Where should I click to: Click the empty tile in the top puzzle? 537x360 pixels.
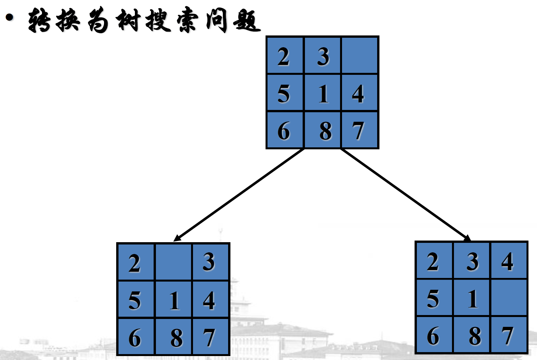(359, 55)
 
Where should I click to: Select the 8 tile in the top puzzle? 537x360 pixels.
(325, 131)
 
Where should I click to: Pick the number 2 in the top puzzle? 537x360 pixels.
(284, 56)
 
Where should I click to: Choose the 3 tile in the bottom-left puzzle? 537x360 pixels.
(209, 262)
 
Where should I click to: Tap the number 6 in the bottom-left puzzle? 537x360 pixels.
(135, 338)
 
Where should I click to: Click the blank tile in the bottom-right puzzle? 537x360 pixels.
(508, 298)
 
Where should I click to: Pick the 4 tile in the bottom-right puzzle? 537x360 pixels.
(507, 262)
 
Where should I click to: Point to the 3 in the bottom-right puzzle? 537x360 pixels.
(472, 262)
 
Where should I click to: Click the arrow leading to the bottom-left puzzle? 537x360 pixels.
(240, 195)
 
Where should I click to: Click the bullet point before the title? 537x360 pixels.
(10, 18)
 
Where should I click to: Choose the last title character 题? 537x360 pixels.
(246, 20)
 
